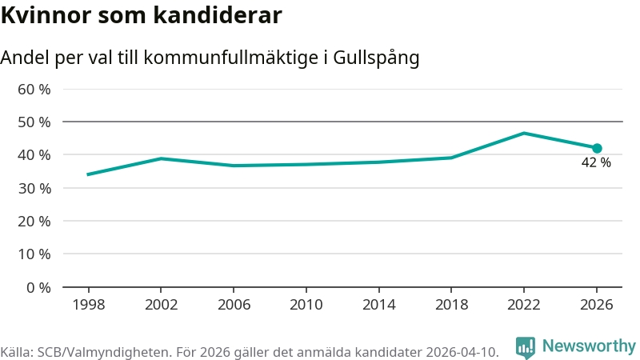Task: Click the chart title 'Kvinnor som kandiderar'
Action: pyautogui.click(x=141, y=15)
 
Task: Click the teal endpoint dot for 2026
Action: pyautogui.click(x=597, y=148)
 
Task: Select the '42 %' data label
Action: pyautogui.click(x=596, y=163)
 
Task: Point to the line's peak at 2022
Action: pyautogui.click(x=523, y=133)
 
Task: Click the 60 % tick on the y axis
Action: pyautogui.click(x=34, y=89)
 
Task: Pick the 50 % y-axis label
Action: pyautogui.click(x=34, y=122)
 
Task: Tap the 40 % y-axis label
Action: pyautogui.click(x=34, y=154)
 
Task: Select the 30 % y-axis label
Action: pyautogui.click(x=34, y=188)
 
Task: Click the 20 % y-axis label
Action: pyautogui.click(x=34, y=221)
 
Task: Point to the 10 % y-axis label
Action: pyautogui.click(x=34, y=254)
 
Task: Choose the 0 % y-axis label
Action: pyautogui.click(x=38, y=287)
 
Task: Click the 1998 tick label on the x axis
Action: pyautogui.click(x=88, y=305)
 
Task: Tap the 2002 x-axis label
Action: pyautogui.click(x=161, y=305)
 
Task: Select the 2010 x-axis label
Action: pyautogui.click(x=306, y=305)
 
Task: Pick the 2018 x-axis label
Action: pyautogui.click(x=451, y=305)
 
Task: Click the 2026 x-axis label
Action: pyautogui.click(x=597, y=305)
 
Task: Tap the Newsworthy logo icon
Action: pyautogui.click(x=526, y=346)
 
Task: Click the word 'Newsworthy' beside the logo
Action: pyautogui.click(x=589, y=346)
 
